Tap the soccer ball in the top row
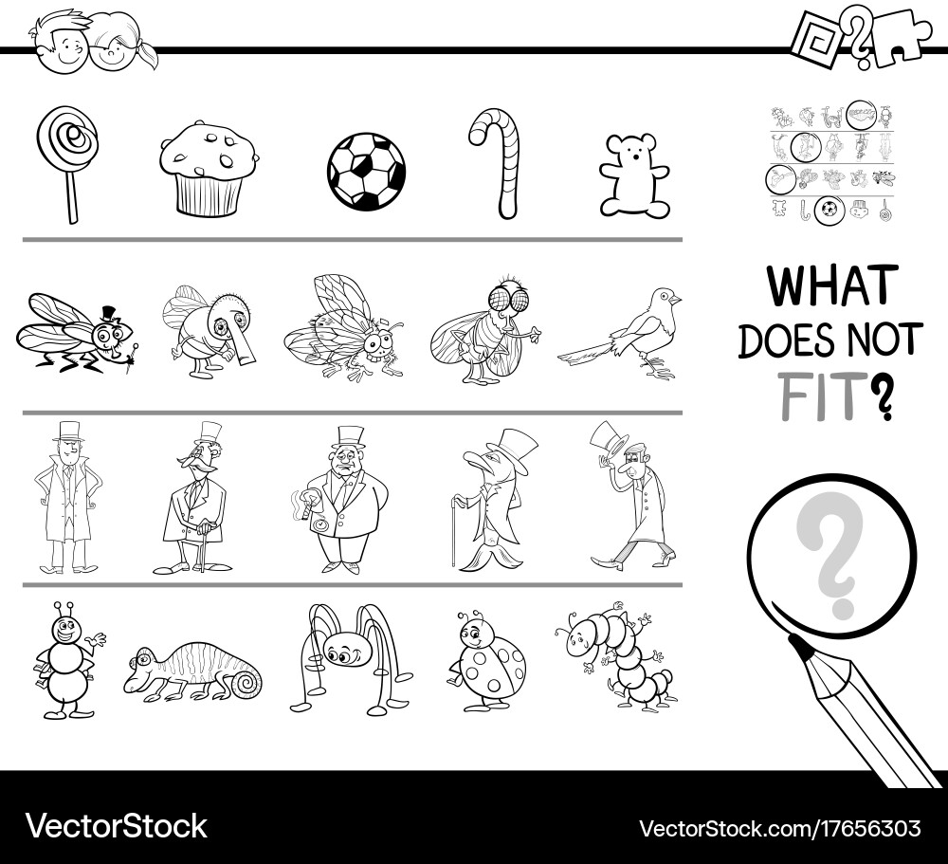pyautogui.click(x=366, y=172)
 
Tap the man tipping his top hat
pyautogui.click(x=630, y=498)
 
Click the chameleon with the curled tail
pyautogui.click(x=193, y=669)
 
